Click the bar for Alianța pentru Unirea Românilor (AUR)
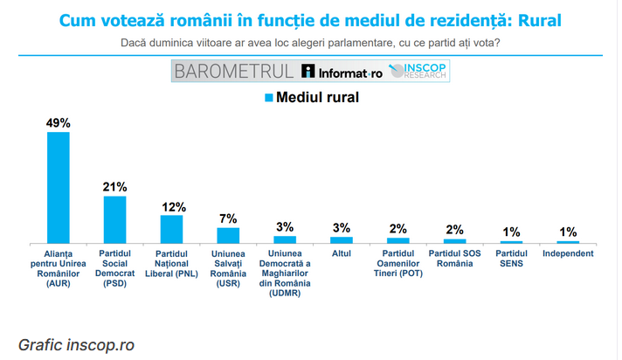coord(58,187)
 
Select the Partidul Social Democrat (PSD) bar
coord(114,218)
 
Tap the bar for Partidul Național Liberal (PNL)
coord(171,229)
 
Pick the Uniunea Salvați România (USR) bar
coord(228,234)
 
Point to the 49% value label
coord(58,123)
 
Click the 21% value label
coord(114,187)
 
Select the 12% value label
coord(172,207)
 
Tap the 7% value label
coord(228,218)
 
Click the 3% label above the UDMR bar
coord(285,227)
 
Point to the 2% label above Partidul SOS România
coord(454,230)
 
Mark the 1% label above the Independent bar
coord(568,232)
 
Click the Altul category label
coord(342,254)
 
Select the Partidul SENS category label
coord(511,259)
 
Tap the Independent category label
coord(568,254)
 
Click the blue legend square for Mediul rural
coord(269,98)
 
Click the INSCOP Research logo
coord(418,72)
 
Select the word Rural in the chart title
coord(536,19)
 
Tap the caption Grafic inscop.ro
coord(76,344)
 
